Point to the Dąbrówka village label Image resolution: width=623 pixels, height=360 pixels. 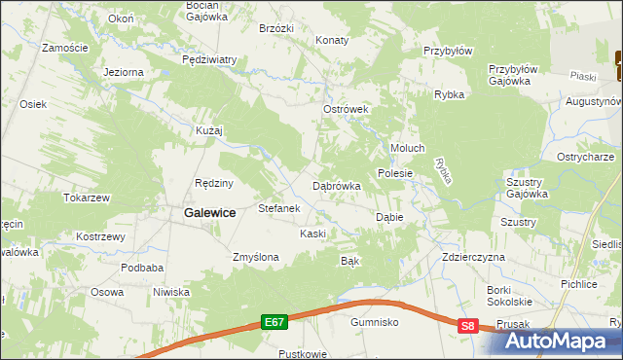337,185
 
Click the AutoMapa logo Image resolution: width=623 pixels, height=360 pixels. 563,341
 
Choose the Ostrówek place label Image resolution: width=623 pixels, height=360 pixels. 346,109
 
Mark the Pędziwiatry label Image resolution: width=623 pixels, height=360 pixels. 209,59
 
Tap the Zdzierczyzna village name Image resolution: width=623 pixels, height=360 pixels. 473,257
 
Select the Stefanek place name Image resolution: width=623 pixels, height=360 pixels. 279,208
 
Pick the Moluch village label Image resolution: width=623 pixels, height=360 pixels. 407,148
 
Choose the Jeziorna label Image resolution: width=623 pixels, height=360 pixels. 124,72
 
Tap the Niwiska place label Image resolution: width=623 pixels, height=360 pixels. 170,292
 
